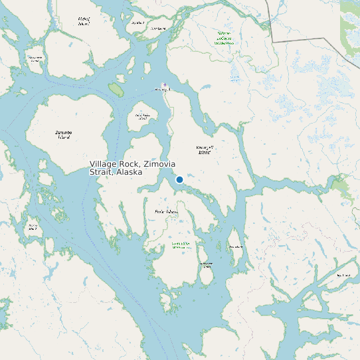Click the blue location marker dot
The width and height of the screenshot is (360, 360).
point(179,179)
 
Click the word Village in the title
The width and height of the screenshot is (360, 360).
point(103,164)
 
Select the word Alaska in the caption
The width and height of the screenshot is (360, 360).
point(129,172)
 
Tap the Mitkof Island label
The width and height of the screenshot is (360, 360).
point(83,21)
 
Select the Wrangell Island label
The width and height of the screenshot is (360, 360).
point(204,149)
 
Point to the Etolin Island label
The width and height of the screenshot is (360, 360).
point(166,212)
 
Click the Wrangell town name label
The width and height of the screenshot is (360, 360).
point(162,90)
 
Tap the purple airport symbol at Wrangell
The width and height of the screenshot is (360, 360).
point(165,84)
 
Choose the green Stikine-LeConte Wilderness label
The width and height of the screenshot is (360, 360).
point(225,38)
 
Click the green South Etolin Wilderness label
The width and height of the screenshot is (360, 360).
point(181,245)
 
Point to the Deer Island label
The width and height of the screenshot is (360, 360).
point(235,246)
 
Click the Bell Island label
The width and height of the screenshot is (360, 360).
point(343,274)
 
